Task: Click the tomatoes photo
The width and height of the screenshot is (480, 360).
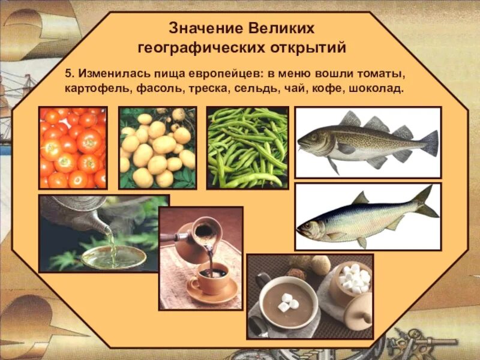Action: [x=73, y=148]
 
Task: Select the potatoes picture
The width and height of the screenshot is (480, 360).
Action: [x=157, y=148]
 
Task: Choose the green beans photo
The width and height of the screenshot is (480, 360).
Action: [x=247, y=148]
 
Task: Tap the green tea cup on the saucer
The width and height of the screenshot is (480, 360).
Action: [x=113, y=257]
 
